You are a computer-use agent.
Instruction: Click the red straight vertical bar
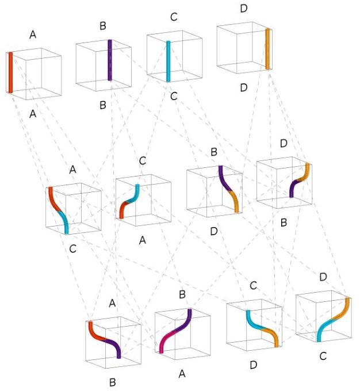coord(10,72)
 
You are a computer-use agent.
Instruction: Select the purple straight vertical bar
coord(110,60)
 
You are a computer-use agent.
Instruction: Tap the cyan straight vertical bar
coord(168,61)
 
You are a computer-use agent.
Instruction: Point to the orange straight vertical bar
coord(267,48)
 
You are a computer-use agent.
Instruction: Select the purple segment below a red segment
coord(113,348)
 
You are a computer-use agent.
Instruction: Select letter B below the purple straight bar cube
coord(103,105)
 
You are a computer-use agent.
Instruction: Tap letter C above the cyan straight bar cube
coord(174,17)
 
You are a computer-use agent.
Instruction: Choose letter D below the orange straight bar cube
coord(243,87)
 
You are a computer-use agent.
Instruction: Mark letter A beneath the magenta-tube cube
coord(182,374)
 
